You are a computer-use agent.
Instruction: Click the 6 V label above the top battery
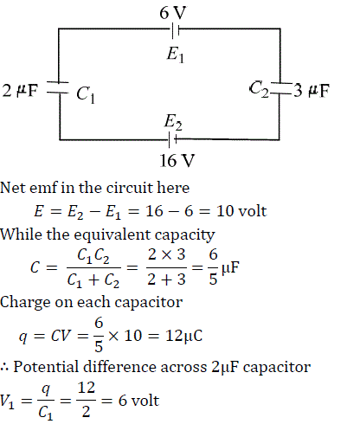[x=173, y=13]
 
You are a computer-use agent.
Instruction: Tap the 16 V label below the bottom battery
[x=177, y=160]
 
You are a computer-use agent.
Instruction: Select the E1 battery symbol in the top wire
[x=176, y=29]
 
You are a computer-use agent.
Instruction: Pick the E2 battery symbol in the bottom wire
[x=172, y=140]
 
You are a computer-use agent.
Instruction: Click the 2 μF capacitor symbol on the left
[x=58, y=87]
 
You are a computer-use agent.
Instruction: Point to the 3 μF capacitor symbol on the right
[x=280, y=88]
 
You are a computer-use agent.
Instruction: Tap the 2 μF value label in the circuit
[x=20, y=90]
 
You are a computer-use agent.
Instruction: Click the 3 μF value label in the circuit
[x=312, y=91]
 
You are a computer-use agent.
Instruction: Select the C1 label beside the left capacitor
[x=86, y=94]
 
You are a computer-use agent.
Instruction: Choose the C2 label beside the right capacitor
[x=259, y=89]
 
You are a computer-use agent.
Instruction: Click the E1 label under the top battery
[x=175, y=55]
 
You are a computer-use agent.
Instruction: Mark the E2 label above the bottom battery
[x=173, y=122]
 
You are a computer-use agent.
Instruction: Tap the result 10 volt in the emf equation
[x=241, y=211]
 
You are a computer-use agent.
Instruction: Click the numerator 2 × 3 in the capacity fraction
[x=166, y=254]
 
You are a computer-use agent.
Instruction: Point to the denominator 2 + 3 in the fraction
[x=166, y=279]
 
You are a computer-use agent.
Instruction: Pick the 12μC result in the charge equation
[x=183, y=336]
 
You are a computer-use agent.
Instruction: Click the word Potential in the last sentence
[x=46, y=367]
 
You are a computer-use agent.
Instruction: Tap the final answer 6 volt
[x=138, y=401]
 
